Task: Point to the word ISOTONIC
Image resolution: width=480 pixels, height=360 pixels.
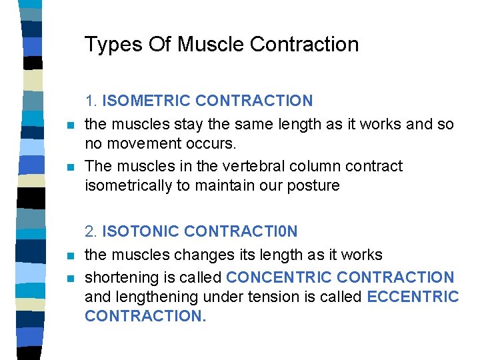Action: pos(141,231)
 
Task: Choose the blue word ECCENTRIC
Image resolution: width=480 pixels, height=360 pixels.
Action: pos(413,296)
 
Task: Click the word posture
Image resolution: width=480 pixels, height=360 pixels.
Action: pos(314,185)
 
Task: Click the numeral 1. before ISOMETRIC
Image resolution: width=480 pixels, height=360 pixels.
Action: pos(91,101)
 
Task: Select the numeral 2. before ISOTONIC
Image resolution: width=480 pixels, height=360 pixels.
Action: pos(91,231)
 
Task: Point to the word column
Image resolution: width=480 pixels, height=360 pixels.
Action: pos(319,165)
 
